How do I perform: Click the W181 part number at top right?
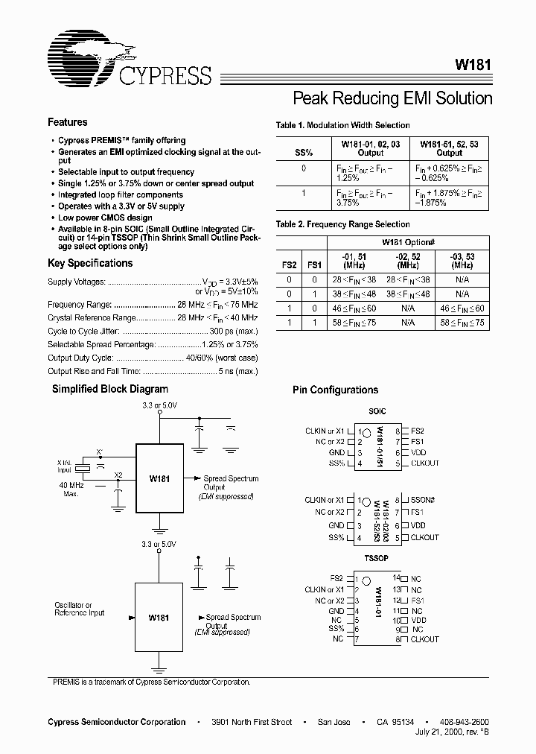472,65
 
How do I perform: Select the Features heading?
68,122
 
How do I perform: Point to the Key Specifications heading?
90,263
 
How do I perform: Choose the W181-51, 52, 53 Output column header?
450,148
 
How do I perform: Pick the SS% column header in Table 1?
303,153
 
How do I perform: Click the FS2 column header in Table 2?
289,264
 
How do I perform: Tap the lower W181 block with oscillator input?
158,618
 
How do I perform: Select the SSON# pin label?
424,500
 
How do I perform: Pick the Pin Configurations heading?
335,390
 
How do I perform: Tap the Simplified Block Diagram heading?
109,389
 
